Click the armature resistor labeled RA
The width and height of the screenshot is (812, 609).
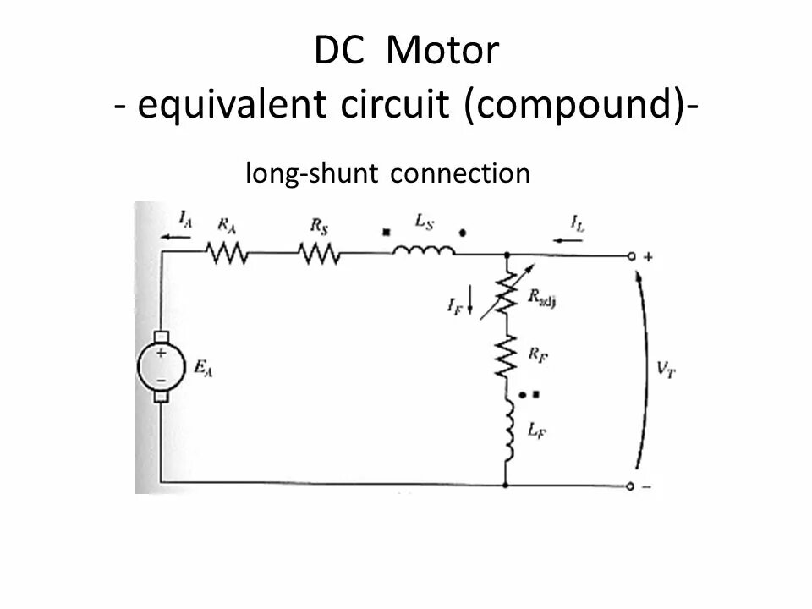click(226, 253)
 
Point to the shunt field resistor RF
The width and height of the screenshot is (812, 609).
click(506, 355)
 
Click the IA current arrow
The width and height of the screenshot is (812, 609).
click(176, 238)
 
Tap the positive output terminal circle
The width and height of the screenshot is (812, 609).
click(630, 255)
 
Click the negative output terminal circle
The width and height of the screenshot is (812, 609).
click(630, 486)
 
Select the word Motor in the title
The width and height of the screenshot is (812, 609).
click(442, 52)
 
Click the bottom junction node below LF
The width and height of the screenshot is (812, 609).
click(506, 486)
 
